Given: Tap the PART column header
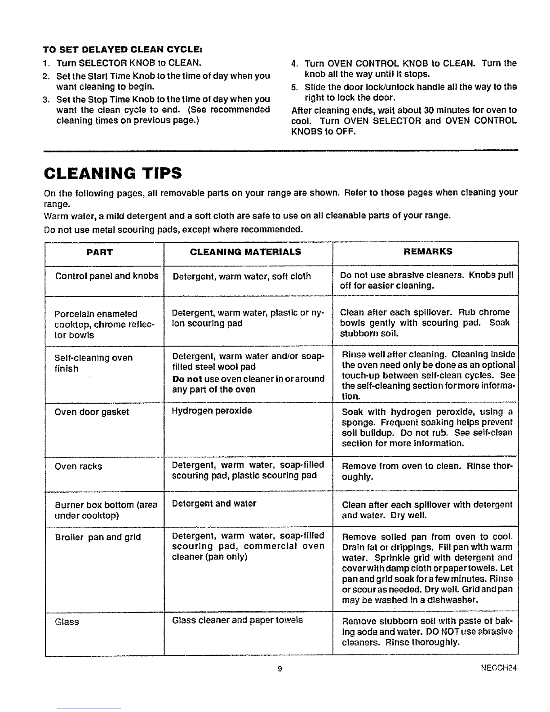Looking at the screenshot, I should (99, 252).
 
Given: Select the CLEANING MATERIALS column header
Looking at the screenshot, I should (246, 252).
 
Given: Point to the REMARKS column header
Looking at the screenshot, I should (428, 251).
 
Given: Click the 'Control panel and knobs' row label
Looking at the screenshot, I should (107, 276).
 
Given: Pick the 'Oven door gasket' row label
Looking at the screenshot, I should (92, 412).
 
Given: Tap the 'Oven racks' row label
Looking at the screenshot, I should (78, 467).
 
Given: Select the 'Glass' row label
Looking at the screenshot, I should (67, 622).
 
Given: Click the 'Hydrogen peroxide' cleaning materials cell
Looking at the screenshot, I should (212, 411).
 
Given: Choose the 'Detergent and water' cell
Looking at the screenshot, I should (214, 503).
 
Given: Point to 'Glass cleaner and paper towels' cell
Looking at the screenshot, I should (238, 620).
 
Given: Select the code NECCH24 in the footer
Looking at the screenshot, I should (499, 668).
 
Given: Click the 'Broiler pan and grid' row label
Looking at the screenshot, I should (98, 537).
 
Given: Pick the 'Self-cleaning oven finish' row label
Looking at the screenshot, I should (93, 363).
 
